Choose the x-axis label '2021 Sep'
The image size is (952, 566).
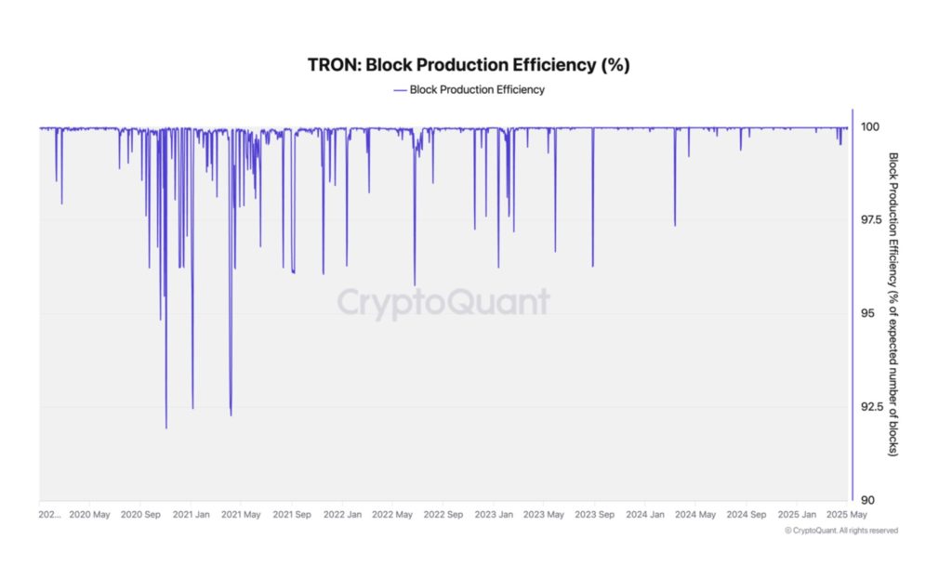[x=291, y=514]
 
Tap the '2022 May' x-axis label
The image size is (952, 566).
[x=392, y=514]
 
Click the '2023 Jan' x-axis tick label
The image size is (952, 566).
[x=493, y=514]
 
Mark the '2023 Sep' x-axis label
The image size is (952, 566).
[x=593, y=514]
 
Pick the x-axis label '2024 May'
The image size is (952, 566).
[x=694, y=514]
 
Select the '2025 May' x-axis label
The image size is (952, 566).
[x=846, y=514]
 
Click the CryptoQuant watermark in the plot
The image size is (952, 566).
[x=443, y=302]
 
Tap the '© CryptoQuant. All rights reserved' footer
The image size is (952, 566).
[x=841, y=531]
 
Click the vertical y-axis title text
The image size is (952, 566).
[x=893, y=304]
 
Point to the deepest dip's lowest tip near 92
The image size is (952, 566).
[x=166, y=428]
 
